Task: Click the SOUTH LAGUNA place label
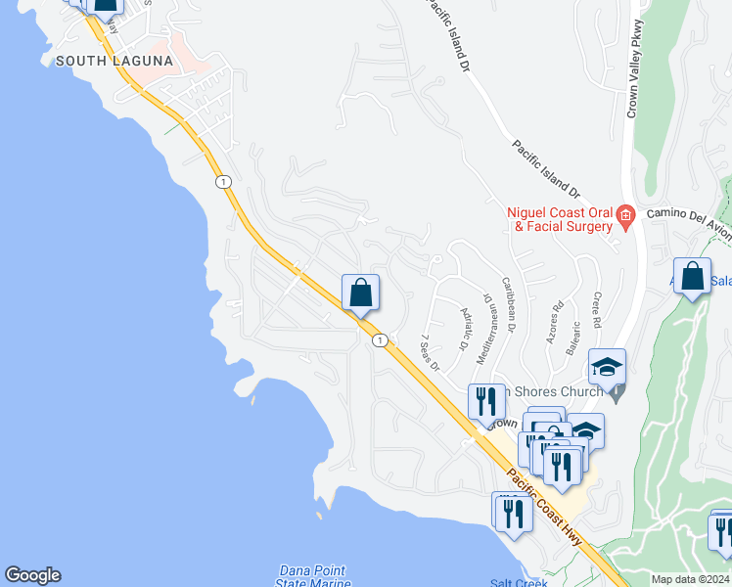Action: (114, 61)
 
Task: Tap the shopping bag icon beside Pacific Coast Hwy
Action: (360, 293)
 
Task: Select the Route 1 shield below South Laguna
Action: (224, 182)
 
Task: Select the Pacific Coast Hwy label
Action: (547, 511)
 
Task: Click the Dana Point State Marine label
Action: (312, 577)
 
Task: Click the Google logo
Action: (32, 575)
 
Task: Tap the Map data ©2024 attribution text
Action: (690, 579)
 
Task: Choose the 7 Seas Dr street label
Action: (431, 352)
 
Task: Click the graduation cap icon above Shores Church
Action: (607, 368)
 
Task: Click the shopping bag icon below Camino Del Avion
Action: (692, 277)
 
